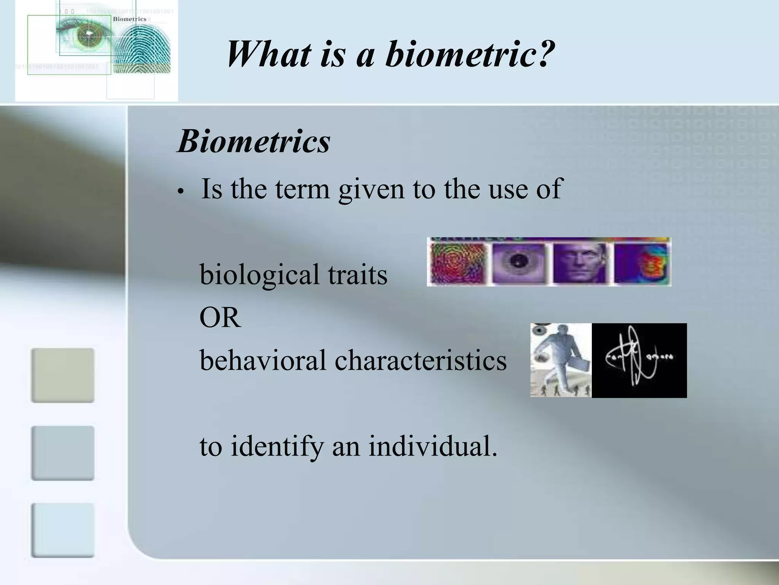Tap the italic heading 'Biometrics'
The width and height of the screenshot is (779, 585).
coord(254,142)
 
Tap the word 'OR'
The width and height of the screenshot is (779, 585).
coord(220,318)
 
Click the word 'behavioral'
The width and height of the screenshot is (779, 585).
coord(262,360)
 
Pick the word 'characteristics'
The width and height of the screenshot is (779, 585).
coord(420,360)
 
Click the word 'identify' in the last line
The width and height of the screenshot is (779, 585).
coord(277,446)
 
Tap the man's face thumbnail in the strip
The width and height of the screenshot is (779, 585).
coord(579,263)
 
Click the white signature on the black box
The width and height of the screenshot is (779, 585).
coord(639,360)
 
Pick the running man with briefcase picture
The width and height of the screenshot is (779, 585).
coord(561,360)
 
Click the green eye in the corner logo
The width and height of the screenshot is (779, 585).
coord(88,35)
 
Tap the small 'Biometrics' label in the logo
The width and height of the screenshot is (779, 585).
coord(129,19)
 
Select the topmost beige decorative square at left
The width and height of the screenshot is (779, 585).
coord(63,375)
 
